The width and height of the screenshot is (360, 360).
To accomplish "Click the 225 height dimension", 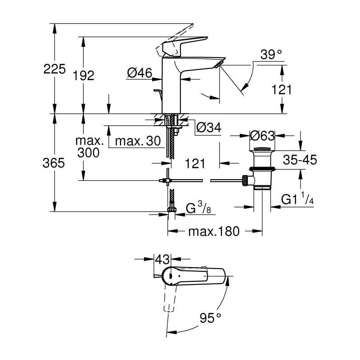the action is (54, 69).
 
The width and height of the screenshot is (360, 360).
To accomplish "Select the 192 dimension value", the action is (84, 76).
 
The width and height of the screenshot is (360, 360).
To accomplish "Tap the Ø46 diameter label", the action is (140, 73).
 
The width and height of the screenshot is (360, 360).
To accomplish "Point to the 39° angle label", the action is (271, 55).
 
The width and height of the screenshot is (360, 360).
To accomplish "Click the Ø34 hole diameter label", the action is (209, 127).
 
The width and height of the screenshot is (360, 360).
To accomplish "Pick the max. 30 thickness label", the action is (138, 141).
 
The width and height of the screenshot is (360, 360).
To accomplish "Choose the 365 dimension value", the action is (54, 163).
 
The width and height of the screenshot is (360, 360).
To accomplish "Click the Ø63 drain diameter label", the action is (262, 136).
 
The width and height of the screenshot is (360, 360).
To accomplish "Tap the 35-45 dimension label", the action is (300, 160).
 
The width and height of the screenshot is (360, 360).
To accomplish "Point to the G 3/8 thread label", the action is (198, 208).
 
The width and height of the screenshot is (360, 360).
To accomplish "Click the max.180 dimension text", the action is (214, 231).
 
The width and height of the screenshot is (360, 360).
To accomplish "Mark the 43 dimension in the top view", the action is (162, 260).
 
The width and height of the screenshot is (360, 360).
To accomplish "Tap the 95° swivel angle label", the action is (210, 318).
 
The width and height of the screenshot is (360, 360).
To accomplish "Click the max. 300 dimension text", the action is (89, 147).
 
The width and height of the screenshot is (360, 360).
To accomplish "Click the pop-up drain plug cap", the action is (262, 149).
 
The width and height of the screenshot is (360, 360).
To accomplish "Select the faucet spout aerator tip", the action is (219, 64).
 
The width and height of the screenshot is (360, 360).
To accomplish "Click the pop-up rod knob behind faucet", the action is (157, 90).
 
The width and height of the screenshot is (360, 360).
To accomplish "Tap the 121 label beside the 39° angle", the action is (282, 89).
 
